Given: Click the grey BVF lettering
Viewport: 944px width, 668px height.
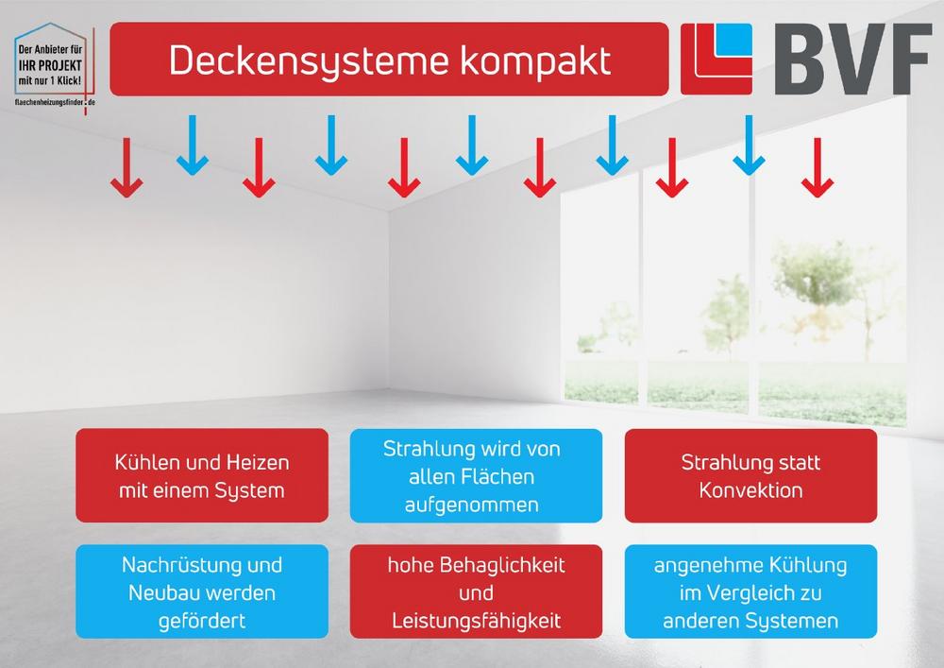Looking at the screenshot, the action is pos(853,59).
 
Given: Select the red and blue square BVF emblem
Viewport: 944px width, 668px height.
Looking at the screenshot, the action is pos(716,59).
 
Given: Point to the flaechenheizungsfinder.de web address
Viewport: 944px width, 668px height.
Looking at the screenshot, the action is pos(55,102).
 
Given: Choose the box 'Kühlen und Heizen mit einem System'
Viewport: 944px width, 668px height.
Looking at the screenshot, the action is pos(202,475).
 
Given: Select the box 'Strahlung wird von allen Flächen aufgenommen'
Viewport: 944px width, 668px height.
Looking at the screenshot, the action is pos(476,475).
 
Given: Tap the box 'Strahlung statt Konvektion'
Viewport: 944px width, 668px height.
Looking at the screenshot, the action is pos(750,475).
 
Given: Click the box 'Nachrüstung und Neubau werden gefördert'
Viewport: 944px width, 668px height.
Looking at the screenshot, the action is pos(202,591).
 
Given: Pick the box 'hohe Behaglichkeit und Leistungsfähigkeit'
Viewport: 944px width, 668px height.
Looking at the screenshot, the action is pos(476,591).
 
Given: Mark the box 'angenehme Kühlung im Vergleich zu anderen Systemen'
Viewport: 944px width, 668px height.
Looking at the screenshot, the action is pos(750,591).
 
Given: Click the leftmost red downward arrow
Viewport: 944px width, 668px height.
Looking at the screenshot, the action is pos(126,167).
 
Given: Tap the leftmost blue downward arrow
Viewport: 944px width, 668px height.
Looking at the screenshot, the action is pos(193,146).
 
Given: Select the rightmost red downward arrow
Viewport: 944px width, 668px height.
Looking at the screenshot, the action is pos(818,167).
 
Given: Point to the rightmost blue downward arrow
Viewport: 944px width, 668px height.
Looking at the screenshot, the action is pos(749,146).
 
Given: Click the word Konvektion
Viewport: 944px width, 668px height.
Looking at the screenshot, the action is pos(750,490).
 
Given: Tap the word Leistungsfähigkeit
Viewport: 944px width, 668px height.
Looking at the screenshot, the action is pos(476,621).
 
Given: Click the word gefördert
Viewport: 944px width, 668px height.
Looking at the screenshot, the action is pos(202,621).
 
